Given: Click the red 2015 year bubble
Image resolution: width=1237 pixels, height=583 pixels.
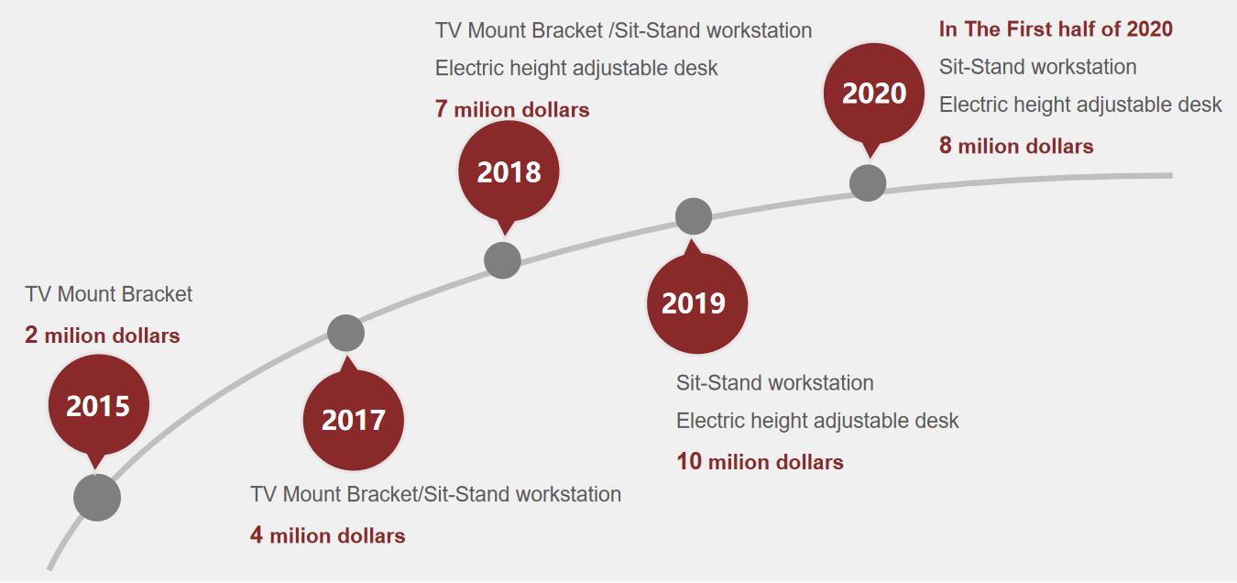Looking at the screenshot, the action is pyautogui.click(x=98, y=406).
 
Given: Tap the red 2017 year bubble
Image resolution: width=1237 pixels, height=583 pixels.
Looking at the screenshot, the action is pyautogui.click(x=354, y=420).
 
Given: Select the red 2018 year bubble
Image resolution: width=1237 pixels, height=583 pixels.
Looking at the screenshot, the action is pyautogui.click(x=509, y=171).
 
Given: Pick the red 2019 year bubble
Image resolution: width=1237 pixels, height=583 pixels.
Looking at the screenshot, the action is pyautogui.click(x=697, y=302).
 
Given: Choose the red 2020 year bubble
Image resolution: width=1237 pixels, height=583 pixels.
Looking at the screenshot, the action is pyautogui.click(x=873, y=93).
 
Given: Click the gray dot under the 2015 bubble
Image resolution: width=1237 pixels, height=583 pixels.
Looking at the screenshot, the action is pyautogui.click(x=97, y=498).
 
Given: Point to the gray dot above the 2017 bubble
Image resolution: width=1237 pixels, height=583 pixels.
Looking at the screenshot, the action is pyautogui.click(x=345, y=334).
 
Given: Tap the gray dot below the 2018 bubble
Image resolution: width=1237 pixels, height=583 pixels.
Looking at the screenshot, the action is pyautogui.click(x=502, y=260).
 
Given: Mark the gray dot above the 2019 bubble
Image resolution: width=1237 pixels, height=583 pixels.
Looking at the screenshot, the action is pyautogui.click(x=694, y=216).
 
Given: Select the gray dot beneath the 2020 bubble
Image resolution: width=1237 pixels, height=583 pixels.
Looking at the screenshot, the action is pyautogui.click(x=868, y=183).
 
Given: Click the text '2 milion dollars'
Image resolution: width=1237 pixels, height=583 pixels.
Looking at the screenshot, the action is pyautogui.click(x=103, y=335).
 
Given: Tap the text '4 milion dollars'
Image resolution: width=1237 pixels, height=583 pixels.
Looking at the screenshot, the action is pyautogui.click(x=327, y=535).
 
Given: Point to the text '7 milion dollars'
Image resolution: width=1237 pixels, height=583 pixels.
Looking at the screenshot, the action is pyautogui.click(x=512, y=109).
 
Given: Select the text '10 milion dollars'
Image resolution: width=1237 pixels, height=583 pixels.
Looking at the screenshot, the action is pyautogui.click(x=760, y=462).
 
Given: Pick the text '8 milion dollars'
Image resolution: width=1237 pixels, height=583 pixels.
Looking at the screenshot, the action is pyautogui.click(x=1016, y=146).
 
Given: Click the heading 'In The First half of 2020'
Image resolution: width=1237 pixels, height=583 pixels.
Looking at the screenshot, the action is pyautogui.click(x=1056, y=29).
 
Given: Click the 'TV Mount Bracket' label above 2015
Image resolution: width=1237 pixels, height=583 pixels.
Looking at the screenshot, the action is pyautogui.click(x=109, y=294).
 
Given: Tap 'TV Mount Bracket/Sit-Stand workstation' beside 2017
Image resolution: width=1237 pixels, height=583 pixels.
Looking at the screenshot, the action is pyautogui.click(x=436, y=494).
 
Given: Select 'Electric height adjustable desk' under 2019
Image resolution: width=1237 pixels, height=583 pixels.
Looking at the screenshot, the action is pyautogui.click(x=817, y=421).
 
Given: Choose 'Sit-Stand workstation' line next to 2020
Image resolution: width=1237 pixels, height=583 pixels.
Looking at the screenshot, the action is pyautogui.click(x=1037, y=67).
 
